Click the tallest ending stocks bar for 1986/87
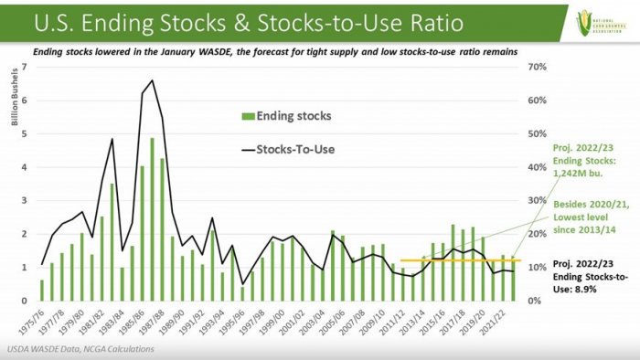[x=152, y=219]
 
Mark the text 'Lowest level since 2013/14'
[x=585, y=220]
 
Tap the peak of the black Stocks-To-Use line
[x=152, y=80]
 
